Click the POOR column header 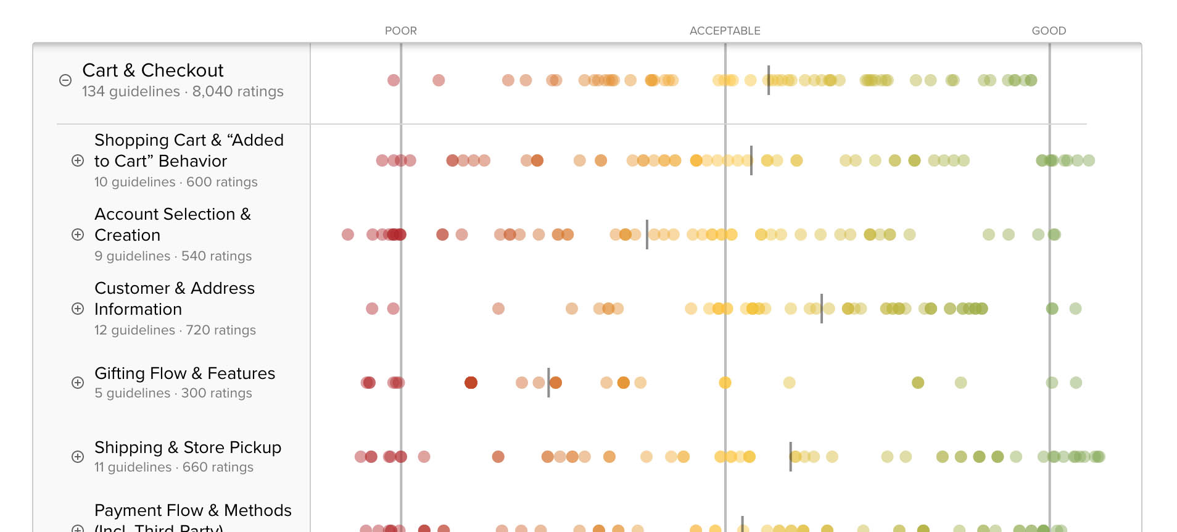(x=400, y=31)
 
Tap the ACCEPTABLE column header (x=724, y=31)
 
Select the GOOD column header (x=1048, y=31)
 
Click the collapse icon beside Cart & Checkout (x=65, y=80)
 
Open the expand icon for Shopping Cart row (x=78, y=160)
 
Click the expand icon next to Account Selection (x=78, y=235)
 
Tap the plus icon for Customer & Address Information (x=78, y=309)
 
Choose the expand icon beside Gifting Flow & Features (x=78, y=383)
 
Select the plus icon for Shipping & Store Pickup (x=78, y=457)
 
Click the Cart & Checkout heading (x=153, y=70)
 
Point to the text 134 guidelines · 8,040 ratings (x=183, y=91)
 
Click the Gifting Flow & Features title (x=184, y=373)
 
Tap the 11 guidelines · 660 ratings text (x=173, y=467)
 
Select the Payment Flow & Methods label (x=192, y=510)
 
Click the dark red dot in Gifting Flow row (x=471, y=383)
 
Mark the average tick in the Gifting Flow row (x=548, y=383)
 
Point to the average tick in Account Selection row (x=646, y=235)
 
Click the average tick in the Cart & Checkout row (x=768, y=80)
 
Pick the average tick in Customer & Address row (x=821, y=309)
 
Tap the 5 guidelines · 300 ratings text (x=173, y=393)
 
